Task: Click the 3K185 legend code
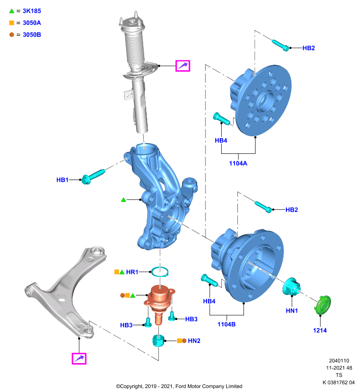pos(32,11)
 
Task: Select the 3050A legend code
pos(32,23)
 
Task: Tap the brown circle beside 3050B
pos(11,34)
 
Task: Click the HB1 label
pos(62,180)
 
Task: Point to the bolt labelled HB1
pos(93,176)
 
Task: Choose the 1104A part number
pos(238,163)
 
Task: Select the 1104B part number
pos(227,324)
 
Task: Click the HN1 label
pos(292,311)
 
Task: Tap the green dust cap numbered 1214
pos(323,304)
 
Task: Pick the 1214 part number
pos(320,330)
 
